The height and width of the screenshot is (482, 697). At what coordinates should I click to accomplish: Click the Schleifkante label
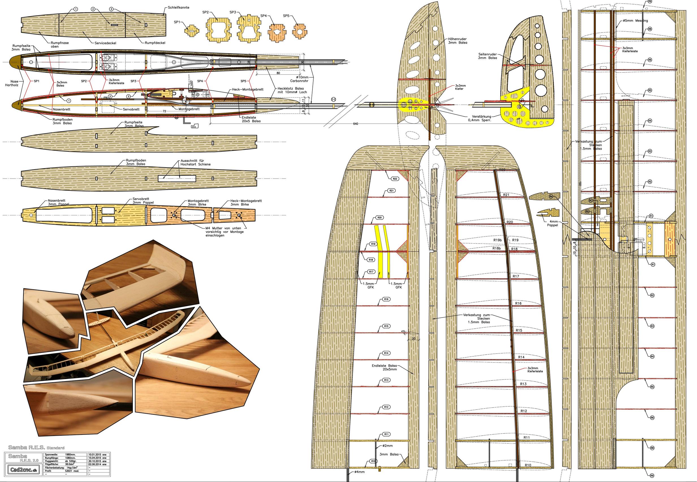click(x=179, y=8)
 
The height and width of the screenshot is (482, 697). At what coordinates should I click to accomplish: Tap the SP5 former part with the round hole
click(x=299, y=31)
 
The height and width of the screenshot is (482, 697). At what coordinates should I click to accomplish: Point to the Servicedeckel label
click(x=105, y=43)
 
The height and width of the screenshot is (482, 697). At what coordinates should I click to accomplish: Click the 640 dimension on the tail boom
click(x=355, y=124)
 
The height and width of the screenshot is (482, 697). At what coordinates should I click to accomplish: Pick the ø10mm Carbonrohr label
click(x=299, y=79)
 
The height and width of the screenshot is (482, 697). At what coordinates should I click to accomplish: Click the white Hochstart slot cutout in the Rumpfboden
click(x=177, y=179)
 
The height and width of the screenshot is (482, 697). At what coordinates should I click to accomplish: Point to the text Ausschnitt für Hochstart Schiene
click(x=195, y=162)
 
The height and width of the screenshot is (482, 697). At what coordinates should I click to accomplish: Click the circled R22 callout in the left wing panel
click(x=395, y=179)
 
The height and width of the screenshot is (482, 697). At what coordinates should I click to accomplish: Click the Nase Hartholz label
click(x=12, y=83)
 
